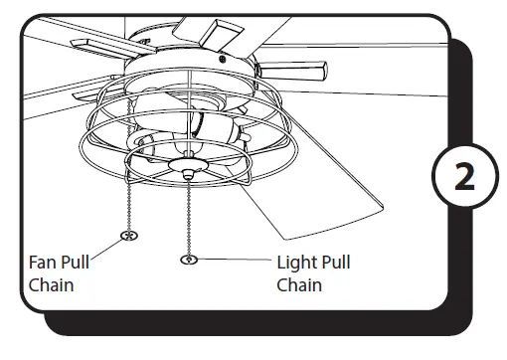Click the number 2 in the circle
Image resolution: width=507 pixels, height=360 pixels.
coord(464,179)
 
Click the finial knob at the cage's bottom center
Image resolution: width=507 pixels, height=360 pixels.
coord(187,169)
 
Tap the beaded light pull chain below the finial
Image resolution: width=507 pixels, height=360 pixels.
coord(187,214)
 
